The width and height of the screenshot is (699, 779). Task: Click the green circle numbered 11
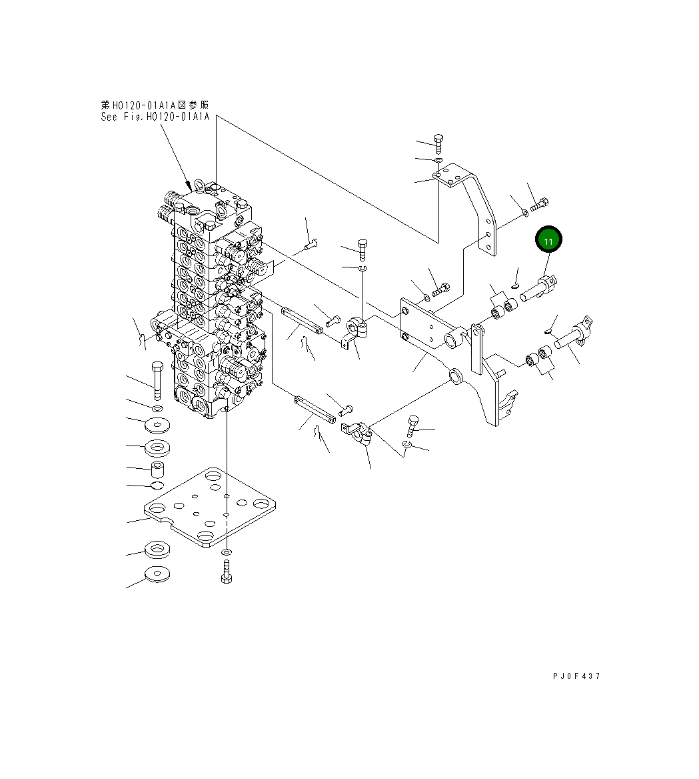coord(548,241)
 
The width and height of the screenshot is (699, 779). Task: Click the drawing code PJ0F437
coord(576,676)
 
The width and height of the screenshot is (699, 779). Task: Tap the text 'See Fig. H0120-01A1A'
coord(155,117)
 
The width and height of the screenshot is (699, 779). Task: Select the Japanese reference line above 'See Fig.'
coord(155,105)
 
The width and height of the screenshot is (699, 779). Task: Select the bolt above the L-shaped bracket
coord(438,143)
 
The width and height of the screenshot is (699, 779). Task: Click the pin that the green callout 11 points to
coord(539,289)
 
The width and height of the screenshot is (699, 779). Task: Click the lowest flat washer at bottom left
coord(157,574)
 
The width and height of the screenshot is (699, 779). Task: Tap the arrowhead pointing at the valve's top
coord(189,183)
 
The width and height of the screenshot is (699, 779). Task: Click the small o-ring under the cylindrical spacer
coord(157,485)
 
